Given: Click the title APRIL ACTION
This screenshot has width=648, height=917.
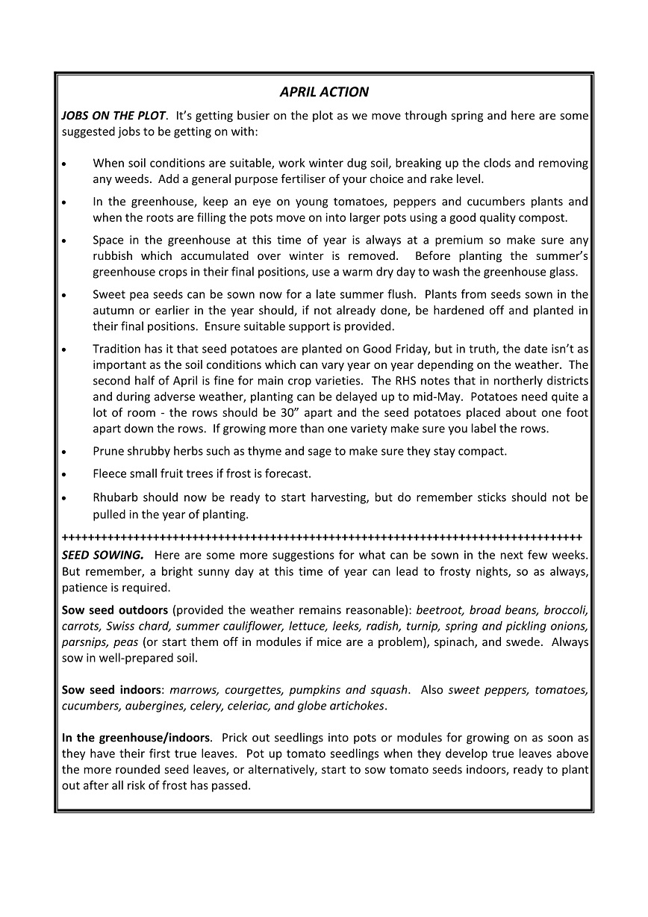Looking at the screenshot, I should [x=324, y=92].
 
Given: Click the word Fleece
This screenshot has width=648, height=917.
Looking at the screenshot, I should [x=110, y=473].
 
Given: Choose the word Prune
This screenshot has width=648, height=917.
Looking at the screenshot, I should [x=109, y=451].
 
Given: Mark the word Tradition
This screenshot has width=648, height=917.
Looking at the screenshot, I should [x=118, y=349].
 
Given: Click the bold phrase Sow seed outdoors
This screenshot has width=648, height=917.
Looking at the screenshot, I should [x=115, y=610].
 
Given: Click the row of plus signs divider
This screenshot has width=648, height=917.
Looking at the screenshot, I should [x=322, y=537].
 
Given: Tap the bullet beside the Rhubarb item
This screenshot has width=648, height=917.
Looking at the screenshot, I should [x=64, y=498].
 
